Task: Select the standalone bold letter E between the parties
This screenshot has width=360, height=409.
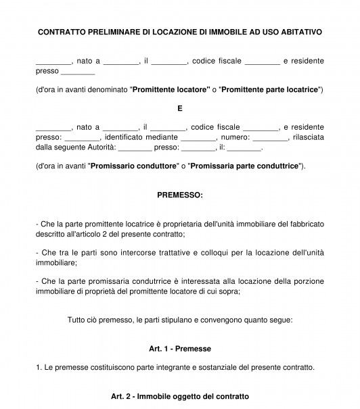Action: click(180, 107)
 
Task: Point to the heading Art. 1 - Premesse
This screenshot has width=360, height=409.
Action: click(180, 349)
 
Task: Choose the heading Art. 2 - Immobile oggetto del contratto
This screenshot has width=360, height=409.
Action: click(180, 396)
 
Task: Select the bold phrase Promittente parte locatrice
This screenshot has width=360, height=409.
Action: click(270, 89)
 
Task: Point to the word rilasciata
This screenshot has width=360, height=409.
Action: click(308, 137)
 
